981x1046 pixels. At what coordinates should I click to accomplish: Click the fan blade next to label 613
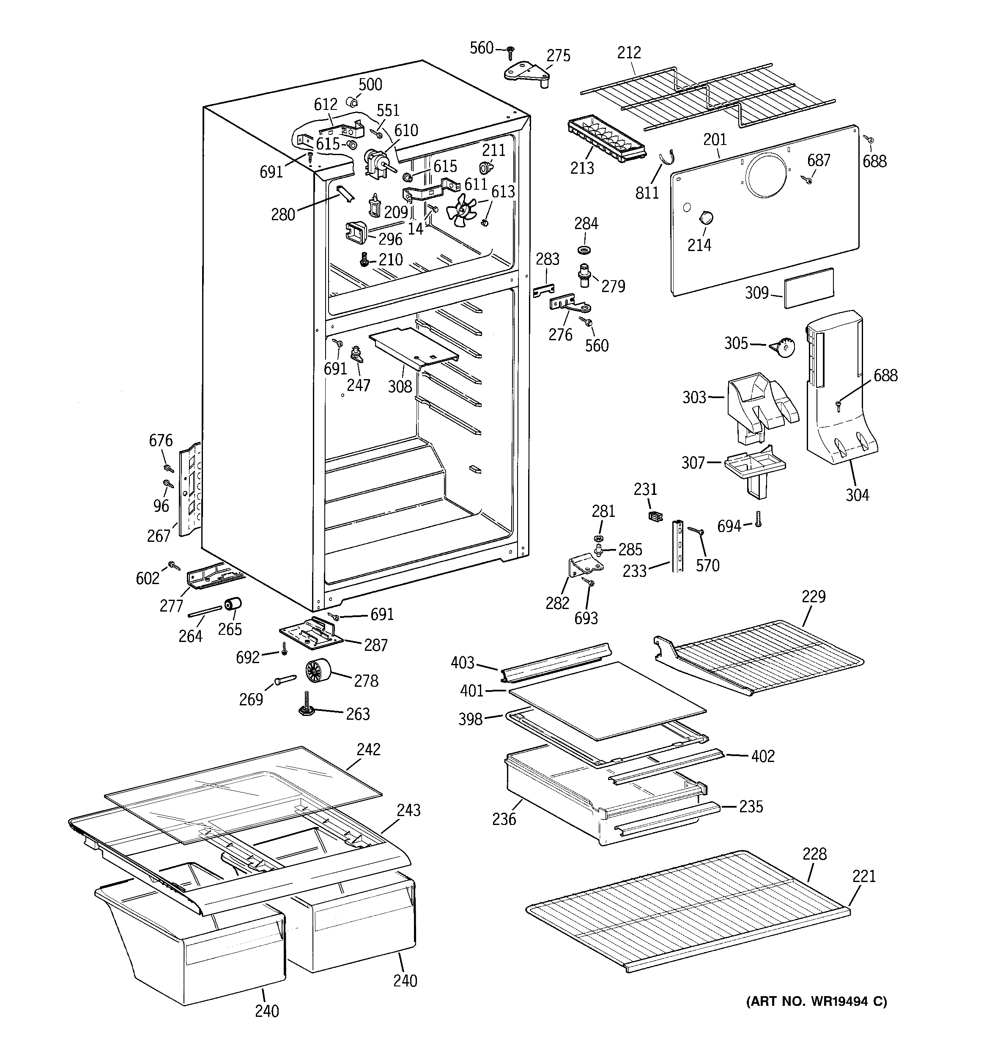click(462, 210)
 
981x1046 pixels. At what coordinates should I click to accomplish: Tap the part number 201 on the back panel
click(715, 139)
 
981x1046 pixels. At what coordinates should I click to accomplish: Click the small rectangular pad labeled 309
click(809, 287)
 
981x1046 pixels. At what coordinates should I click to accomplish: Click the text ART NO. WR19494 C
click(816, 1001)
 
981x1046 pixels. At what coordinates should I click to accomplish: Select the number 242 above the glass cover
click(368, 749)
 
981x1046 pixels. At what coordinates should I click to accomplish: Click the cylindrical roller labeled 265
click(232, 605)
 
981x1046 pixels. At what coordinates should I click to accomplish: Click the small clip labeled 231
click(655, 517)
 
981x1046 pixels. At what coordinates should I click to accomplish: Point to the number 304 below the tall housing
click(857, 494)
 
